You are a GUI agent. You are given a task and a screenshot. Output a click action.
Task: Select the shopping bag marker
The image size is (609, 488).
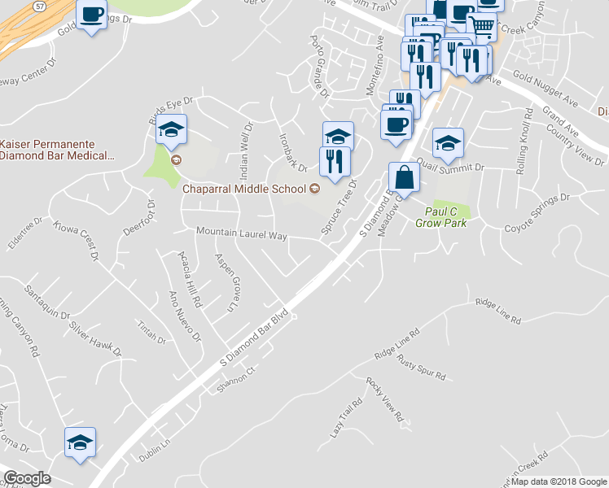point(405,176)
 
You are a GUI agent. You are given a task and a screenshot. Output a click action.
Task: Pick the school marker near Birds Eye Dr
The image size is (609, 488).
point(172,129)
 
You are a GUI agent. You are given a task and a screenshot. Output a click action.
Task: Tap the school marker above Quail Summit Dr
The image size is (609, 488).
point(447,144)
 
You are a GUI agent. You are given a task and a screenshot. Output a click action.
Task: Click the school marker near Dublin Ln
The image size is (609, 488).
point(80,442)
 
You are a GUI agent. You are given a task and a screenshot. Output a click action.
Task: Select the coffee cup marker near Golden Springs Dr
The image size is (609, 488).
point(92,14)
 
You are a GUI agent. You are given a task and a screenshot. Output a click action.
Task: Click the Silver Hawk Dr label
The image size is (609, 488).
point(94,342)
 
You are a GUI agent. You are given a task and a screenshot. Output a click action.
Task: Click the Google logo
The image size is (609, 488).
point(27,477)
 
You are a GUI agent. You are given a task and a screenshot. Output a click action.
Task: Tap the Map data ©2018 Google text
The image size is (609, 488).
point(559,481)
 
